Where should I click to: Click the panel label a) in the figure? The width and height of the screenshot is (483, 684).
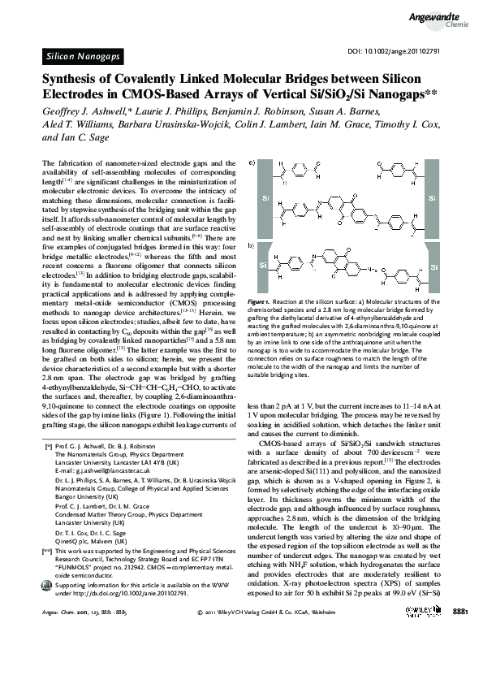[252, 162]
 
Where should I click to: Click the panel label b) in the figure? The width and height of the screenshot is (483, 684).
[252, 244]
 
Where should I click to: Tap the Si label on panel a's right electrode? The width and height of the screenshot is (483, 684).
[432, 198]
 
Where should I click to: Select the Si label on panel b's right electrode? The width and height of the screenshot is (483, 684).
[434, 266]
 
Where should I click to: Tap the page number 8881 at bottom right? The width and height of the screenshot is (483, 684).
[459, 655]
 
